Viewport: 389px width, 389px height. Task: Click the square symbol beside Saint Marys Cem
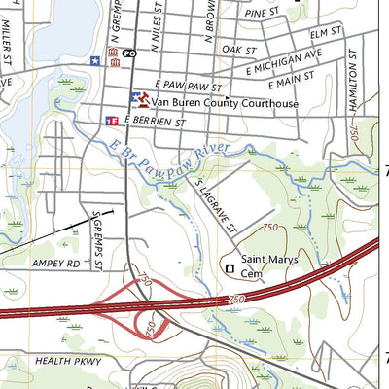coord(230,267)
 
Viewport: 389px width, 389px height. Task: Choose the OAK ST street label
coord(237,49)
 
